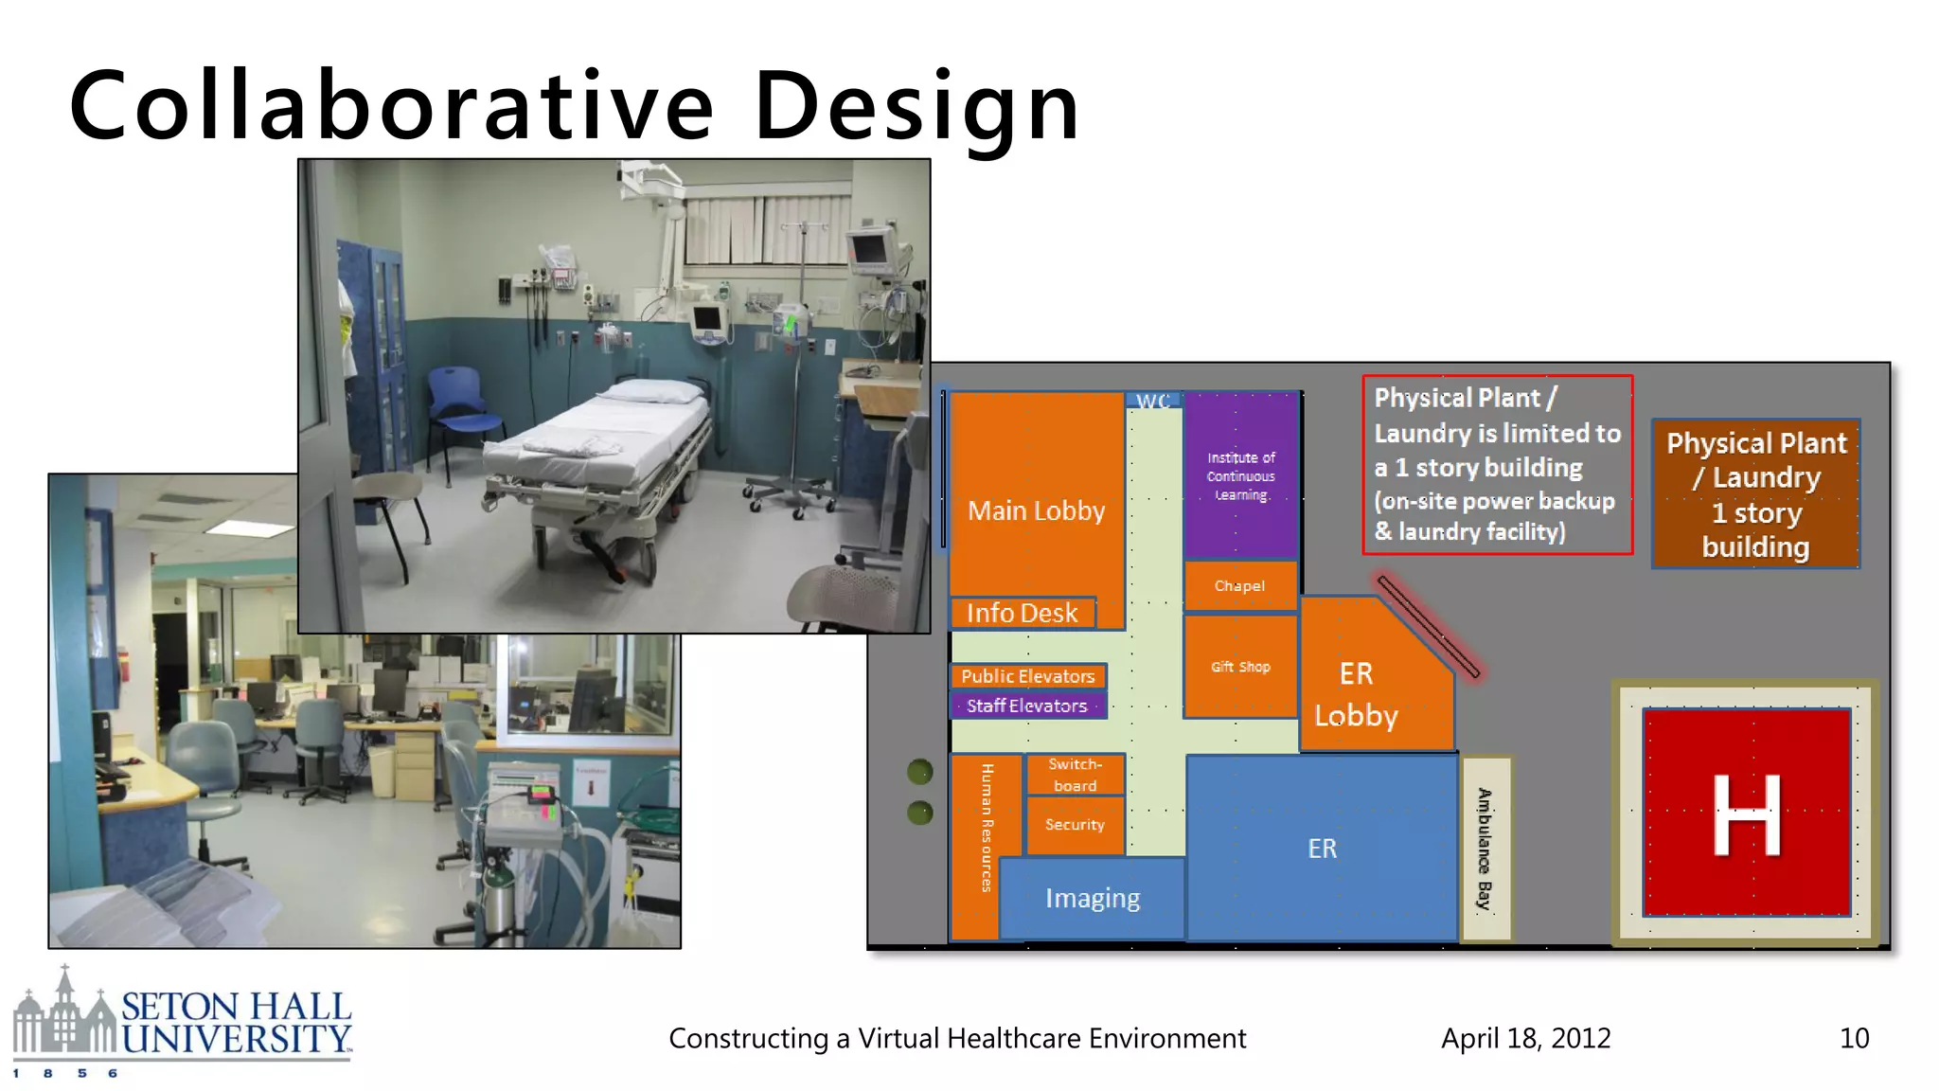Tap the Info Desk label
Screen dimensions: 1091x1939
click(x=1023, y=613)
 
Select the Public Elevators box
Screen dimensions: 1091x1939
click(x=1027, y=676)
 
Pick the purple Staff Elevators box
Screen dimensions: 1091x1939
click(x=1027, y=706)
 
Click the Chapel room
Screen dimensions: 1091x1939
click(x=1239, y=586)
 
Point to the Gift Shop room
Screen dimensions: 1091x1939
click(x=1240, y=667)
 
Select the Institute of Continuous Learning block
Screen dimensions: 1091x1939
click(x=1240, y=475)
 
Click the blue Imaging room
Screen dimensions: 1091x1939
click(x=1093, y=898)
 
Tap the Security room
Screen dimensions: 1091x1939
click(x=1075, y=825)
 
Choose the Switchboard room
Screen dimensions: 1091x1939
click(x=1075, y=775)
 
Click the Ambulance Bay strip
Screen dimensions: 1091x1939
click(x=1485, y=849)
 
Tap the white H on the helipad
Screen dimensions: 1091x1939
click(x=1746, y=814)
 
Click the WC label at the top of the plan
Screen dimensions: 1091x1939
click(x=1152, y=401)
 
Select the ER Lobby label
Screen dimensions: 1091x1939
click(x=1356, y=694)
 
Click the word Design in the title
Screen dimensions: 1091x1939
click(x=916, y=106)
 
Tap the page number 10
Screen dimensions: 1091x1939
click(x=1854, y=1038)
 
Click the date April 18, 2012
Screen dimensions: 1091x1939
click(x=1525, y=1038)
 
